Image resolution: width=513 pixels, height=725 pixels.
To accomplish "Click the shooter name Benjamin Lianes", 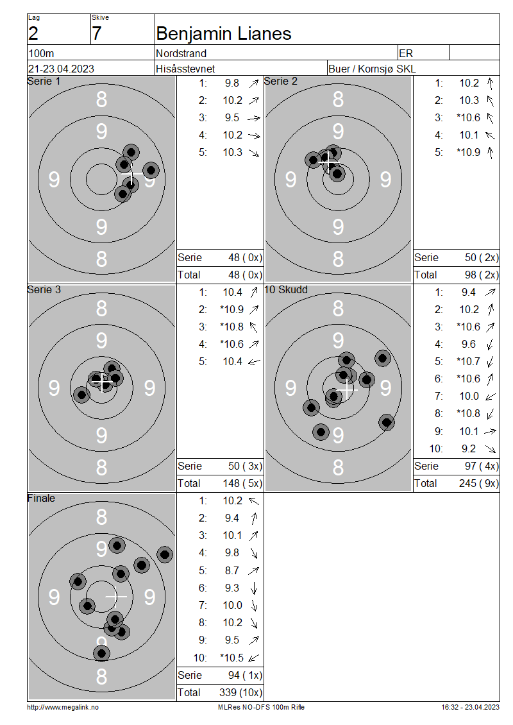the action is click(x=224, y=34).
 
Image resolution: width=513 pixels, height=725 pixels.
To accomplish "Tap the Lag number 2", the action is click(x=33, y=34).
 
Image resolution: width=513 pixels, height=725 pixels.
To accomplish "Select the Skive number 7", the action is click(x=97, y=34).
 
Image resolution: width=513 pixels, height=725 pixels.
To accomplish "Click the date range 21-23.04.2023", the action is click(x=61, y=69).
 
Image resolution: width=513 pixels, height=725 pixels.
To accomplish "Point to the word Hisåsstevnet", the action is click(x=185, y=69).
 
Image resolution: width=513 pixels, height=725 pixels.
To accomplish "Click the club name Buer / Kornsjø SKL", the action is click(x=372, y=69).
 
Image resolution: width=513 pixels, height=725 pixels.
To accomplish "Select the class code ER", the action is click(x=406, y=53).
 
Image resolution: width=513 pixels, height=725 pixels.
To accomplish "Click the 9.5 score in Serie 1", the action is click(x=232, y=118).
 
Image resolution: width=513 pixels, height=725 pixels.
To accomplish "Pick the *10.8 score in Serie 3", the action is click(x=232, y=327).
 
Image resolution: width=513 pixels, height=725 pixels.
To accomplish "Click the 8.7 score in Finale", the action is click(x=232, y=570).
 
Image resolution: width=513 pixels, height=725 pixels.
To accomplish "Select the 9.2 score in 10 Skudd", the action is click(x=469, y=448).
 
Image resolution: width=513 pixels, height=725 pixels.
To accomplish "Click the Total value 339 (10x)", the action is click(x=240, y=692).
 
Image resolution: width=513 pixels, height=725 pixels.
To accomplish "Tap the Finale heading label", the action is click(x=41, y=498).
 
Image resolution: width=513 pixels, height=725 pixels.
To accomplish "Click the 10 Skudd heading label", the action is click(x=286, y=289).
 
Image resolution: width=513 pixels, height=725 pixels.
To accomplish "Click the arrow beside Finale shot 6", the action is click(x=254, y=588).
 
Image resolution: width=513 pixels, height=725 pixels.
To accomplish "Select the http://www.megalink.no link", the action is click(x=63, y=707).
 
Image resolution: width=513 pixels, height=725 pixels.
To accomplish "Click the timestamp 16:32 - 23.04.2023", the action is click(x=471, y=707).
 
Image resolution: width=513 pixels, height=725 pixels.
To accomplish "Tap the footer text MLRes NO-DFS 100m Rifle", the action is click(x=261, y=707).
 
